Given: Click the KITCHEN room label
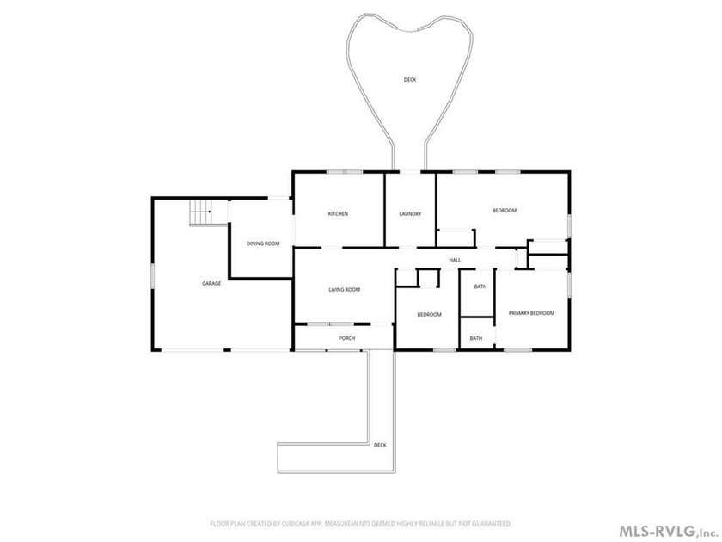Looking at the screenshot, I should (x=338, y=213).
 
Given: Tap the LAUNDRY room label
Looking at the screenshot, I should (x=410, y=213).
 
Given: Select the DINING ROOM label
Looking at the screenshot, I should (x=263, y=243).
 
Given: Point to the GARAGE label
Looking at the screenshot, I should (x=211, y=283).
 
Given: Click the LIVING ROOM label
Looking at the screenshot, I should (x=344, y=290).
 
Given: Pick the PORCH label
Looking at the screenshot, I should (x=346, y=338).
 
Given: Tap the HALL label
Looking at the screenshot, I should (x=455, y=259).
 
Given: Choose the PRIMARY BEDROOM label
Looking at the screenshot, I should (x=531, y=313).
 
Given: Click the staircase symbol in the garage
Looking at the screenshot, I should (x=200, y=212).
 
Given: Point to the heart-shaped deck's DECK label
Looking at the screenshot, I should (x=410, y=80).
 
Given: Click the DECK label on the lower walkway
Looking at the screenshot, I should (x=380, y=445).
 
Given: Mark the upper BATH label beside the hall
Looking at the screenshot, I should (x=480, y=286).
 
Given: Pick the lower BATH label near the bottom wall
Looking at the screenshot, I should (x=475, y=338).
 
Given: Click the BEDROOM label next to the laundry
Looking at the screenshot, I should (x=504, y=211).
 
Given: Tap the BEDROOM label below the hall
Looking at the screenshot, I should (x=429, y=315).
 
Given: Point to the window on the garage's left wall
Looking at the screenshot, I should (x=153, y=276).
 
